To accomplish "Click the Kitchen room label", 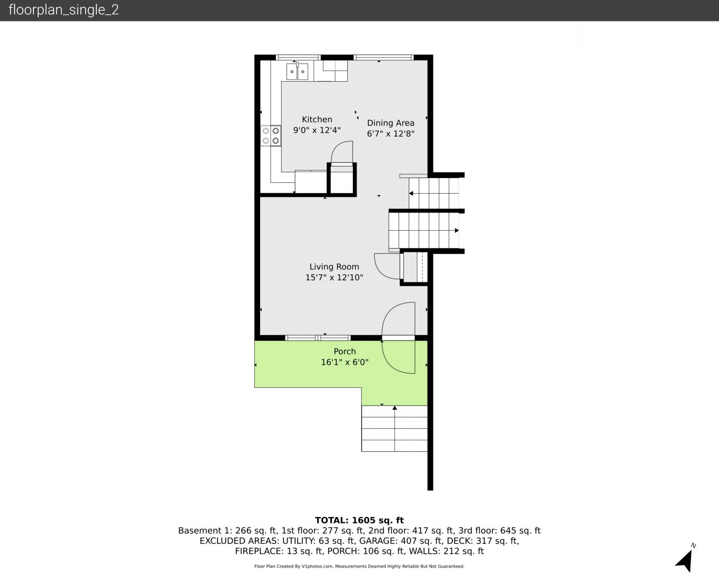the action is pyautogui.click(x=317, y=119).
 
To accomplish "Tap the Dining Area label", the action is pyautogui.click(x=390, y=123).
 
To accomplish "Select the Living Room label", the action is pyautogui.click(x=334, y=267).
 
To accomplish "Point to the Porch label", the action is pyautogui.click(x=345, y=351).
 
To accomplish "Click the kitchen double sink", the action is pyautogui.click(x=297, y=71).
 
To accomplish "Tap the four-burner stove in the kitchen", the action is pyautogui.click(x=271, y=136).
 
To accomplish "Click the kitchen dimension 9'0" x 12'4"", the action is pyautogui.click(x=317, y=130).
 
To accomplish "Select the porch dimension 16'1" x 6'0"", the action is pyautogui.click(x=345, y=362).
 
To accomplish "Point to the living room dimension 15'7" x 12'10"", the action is pyautogui.click(x=334, y=278).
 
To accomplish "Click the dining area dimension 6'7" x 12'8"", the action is pyautogui.click(x=390, y=133).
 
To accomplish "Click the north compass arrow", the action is pyautogui.click(x=685, y=561).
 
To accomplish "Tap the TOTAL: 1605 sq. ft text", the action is pyautogui.click(x=359, y=520).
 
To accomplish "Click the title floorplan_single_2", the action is pyautogui.click(x=64, y=10).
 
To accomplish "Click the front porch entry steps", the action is pyautogui.click(x=394, y=428).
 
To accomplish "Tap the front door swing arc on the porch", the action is pyautogui.click(x=388, y=361).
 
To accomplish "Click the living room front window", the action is pyautogui.click(x=318, y=337).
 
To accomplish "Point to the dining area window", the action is pyautogui.click(x=383, y=58).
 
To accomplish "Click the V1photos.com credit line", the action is pyautogui.click(x=359, y=566).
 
